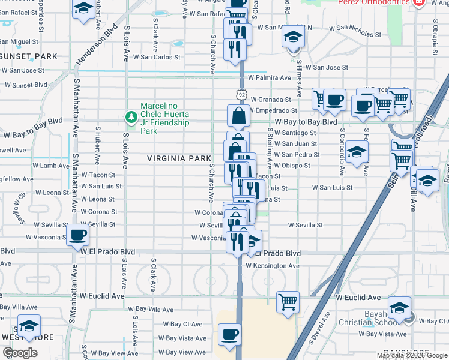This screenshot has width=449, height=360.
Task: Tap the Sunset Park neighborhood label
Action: tap(29, 56)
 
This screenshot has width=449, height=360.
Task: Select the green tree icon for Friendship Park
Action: tap(130, 115)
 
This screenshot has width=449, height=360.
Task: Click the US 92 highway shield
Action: tap(241, 94)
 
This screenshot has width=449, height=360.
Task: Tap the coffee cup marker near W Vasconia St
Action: tap(77, 235)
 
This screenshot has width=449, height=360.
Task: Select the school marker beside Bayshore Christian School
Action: tap(399, 307)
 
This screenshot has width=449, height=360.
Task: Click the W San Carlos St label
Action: tap(157, 58)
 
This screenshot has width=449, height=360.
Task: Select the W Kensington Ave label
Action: tap(276, 265)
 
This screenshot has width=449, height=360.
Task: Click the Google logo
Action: tap(20, 352)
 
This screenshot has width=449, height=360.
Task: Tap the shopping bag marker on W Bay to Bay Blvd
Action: tap(238, 116)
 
